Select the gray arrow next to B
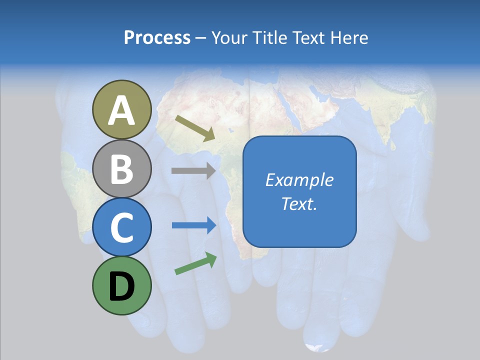click(193, 170)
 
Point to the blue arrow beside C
click(194, 225)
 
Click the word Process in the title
click(157, 38)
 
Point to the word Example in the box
click(299, 180)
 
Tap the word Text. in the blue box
click(299, 204)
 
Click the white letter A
click(121, 111)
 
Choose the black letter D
click(121, 286)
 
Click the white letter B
click(121, 169)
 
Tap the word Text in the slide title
click(309, 38)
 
